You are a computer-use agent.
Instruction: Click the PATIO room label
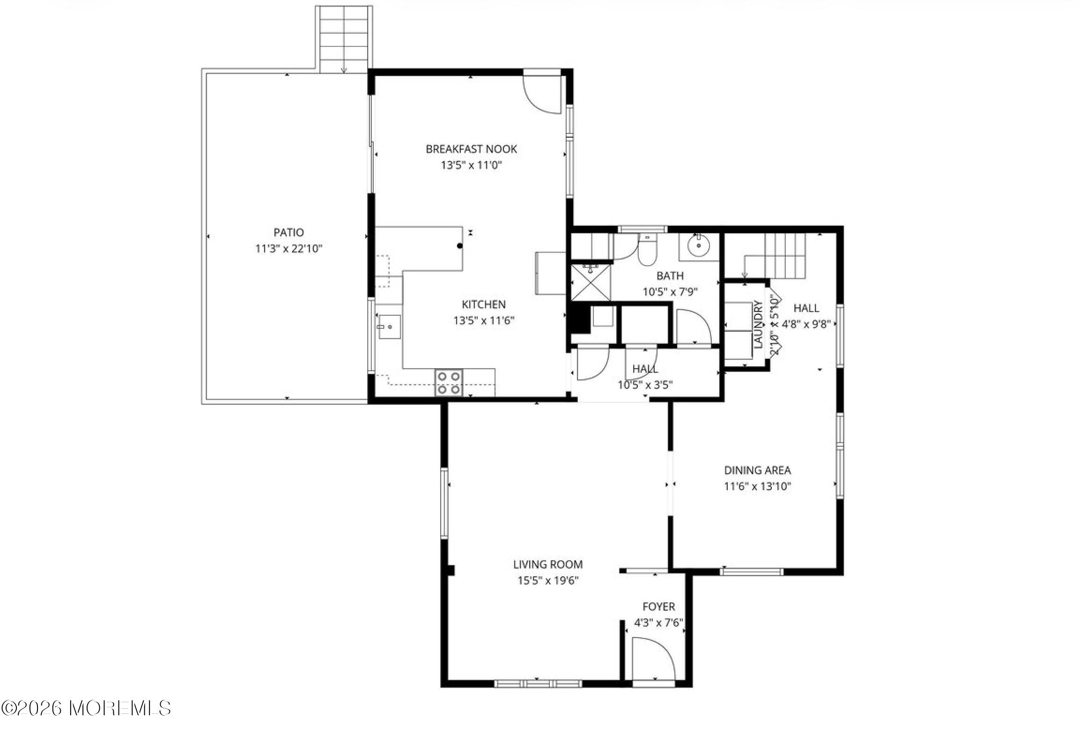(x=288, y=232)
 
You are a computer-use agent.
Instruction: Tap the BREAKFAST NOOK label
(x=471, y=149)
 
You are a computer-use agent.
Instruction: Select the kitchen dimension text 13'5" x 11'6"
(x=484, y=321)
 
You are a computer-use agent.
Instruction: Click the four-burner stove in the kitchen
(x=449, y=383)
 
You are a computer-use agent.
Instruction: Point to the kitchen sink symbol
(x=389, y=326)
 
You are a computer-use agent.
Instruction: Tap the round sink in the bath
(x=699, y=245)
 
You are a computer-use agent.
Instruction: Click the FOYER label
(x=658, y=607)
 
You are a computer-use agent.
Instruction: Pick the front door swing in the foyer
(x=653, y=660)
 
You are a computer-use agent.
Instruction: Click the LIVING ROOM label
(x=548, y=564)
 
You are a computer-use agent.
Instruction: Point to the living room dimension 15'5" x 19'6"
(x=548, y=581)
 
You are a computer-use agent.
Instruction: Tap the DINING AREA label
(x=757, y=470)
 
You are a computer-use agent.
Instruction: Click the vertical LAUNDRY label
(x=759, y=324)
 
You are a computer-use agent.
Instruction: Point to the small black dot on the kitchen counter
(x=460, y=245)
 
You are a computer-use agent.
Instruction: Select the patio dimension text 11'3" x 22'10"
(x=288, y=249)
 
